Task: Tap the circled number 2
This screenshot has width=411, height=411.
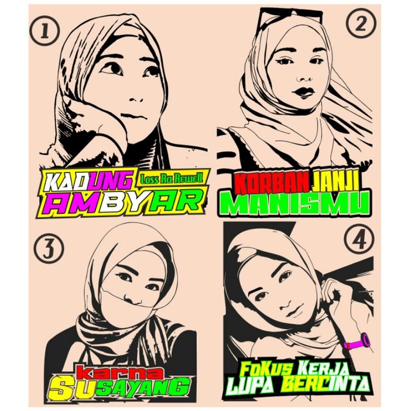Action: (x=359, y=24)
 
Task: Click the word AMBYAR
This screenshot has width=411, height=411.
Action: (x=122, y=203)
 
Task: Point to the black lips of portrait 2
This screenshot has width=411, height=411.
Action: (x=304, y=92)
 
